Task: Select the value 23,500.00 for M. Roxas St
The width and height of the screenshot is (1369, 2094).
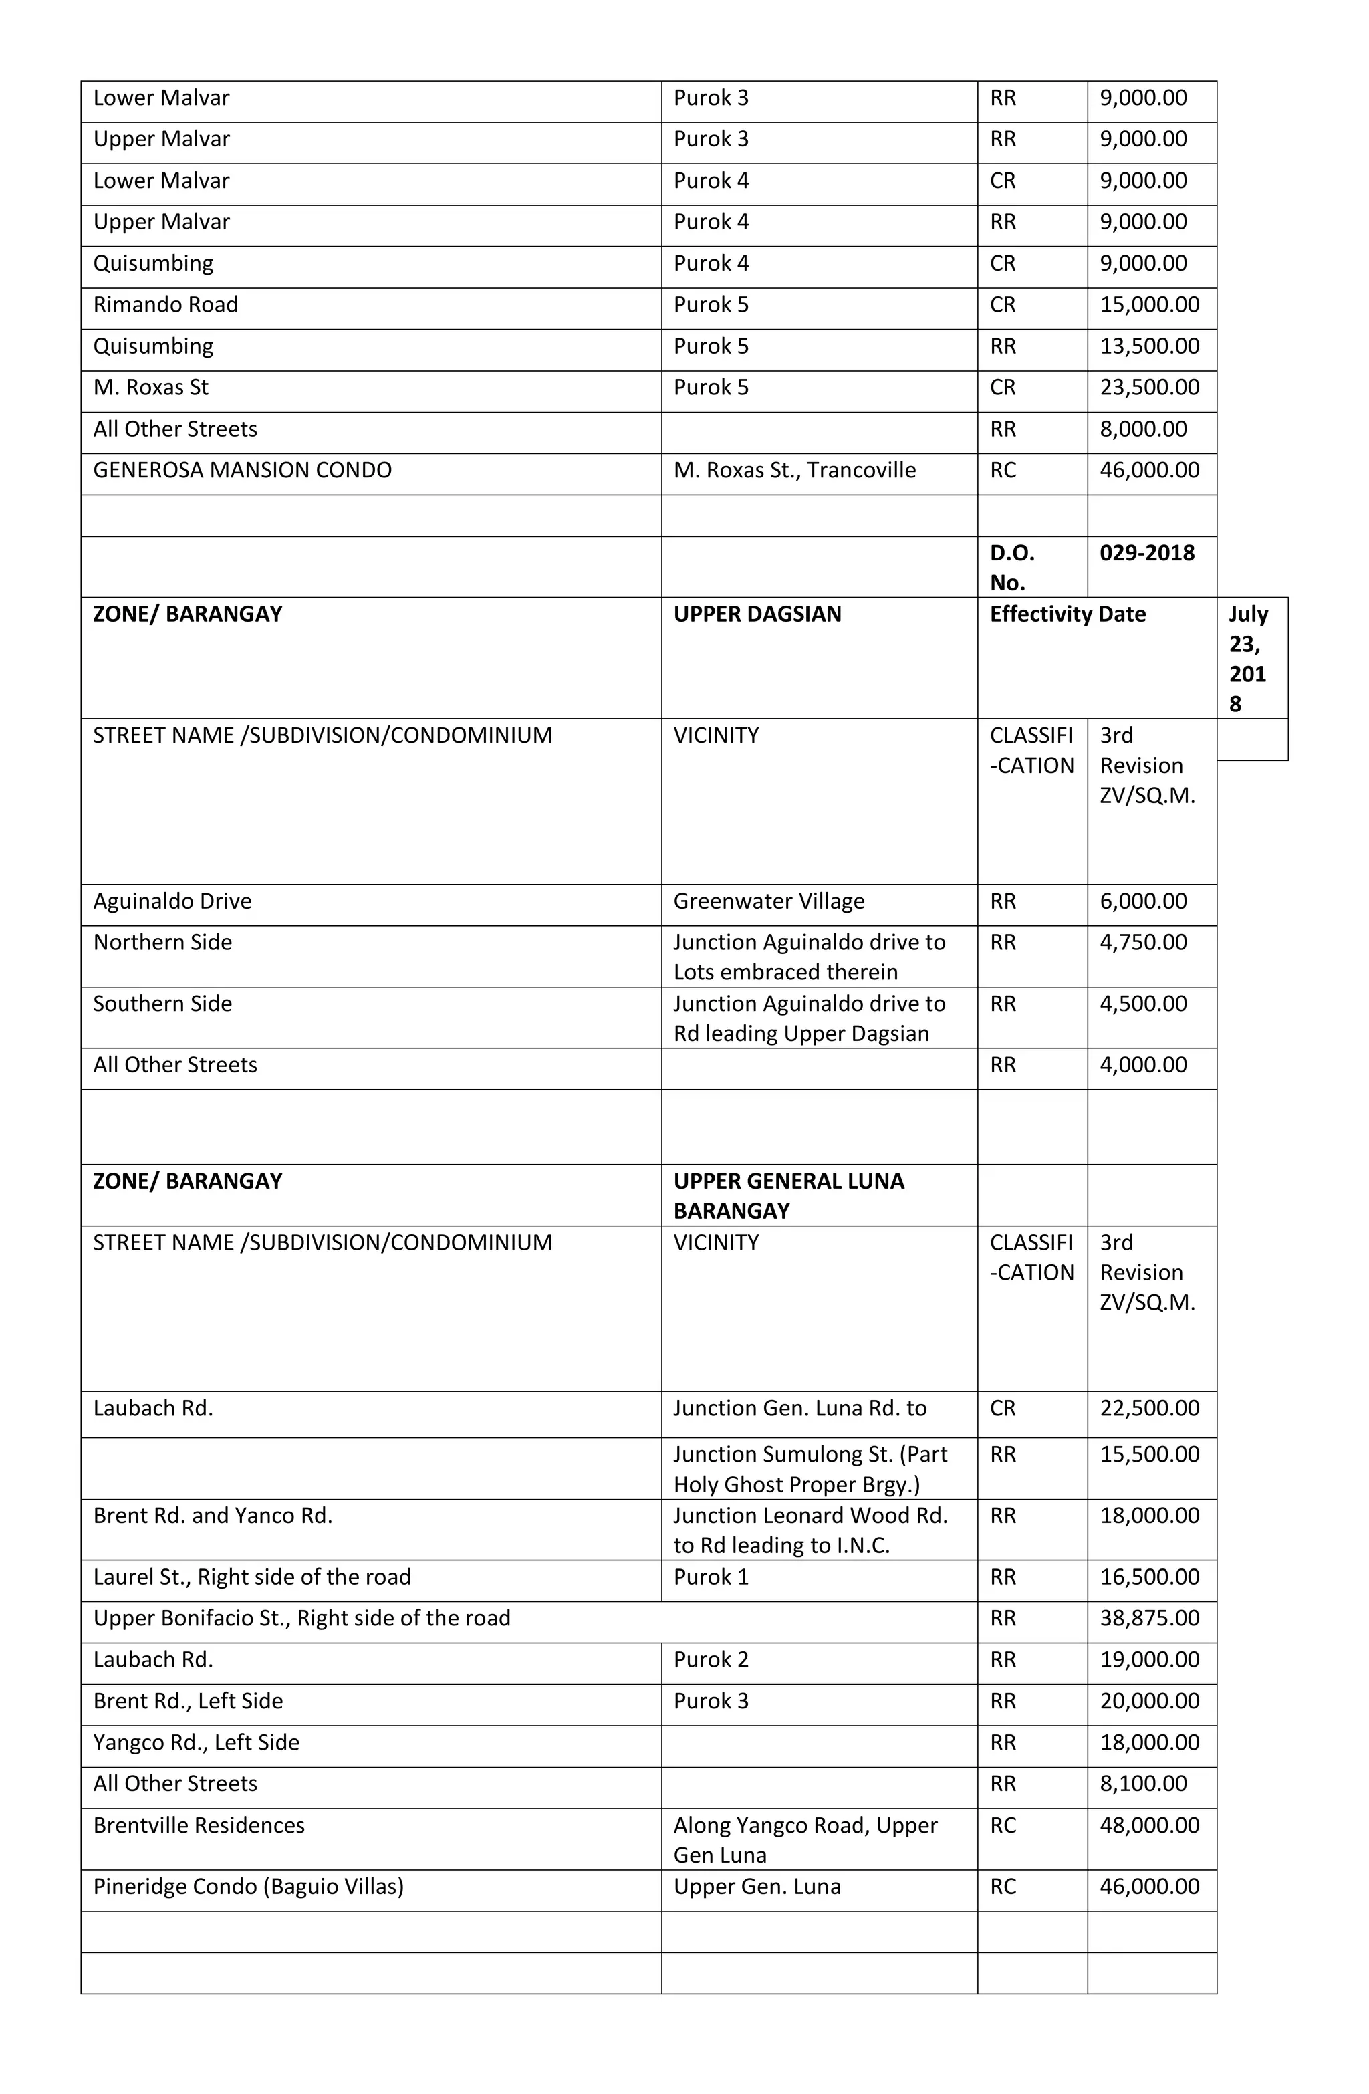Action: point(1148,387)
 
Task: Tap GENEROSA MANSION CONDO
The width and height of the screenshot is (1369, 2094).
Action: point(242,470)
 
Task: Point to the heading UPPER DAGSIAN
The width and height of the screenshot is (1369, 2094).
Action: point(757,614)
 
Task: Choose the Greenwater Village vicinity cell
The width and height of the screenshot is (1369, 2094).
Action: point(768,901)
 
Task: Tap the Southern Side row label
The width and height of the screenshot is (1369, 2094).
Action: point(162,1004)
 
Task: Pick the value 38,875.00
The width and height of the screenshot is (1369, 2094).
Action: point(1148,1618)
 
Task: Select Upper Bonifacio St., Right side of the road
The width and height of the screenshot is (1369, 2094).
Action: point(301,1618)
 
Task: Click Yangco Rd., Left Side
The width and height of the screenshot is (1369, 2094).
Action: point(197,1742)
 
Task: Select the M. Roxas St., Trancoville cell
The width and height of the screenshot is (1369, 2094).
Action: point(793,470)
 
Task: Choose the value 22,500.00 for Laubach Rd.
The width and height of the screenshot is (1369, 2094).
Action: point(1148,1408)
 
